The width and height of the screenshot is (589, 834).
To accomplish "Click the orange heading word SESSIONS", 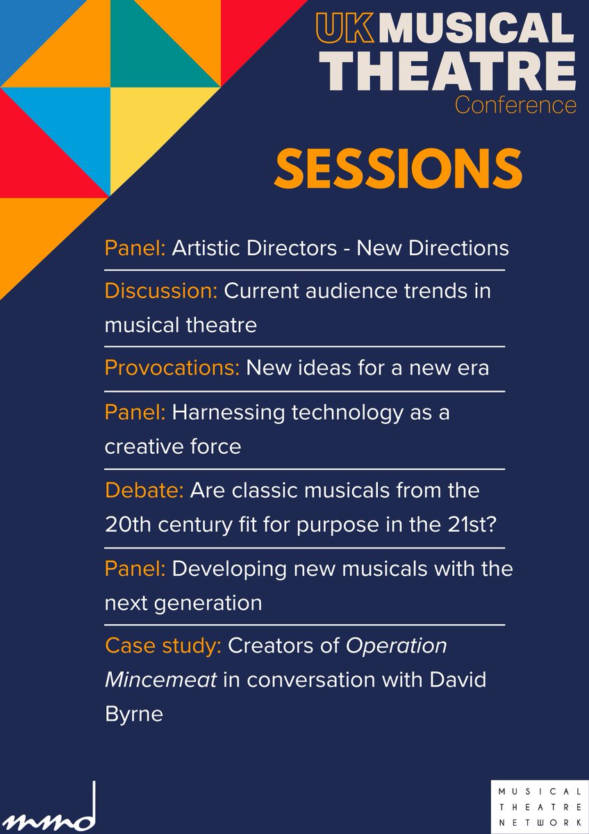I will point(398,168).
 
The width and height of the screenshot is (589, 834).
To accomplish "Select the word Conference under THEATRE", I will point(515,105).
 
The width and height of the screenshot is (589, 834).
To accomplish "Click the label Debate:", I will point(144,490).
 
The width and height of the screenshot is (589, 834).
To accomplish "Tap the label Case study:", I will point(163,646).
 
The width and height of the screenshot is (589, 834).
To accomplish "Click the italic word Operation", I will point(397,646).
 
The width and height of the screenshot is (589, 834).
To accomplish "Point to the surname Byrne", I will point(133,713).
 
